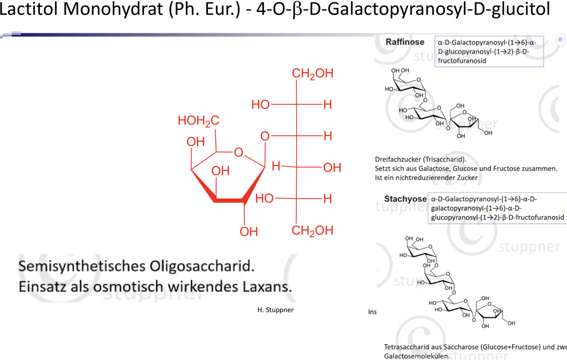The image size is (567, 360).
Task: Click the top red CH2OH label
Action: click(x=312, y=73)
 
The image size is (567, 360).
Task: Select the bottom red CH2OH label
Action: click(x=312, y=230)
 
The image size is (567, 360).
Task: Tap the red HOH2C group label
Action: click(x=198, y=121)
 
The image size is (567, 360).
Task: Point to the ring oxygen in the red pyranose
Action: click(x=238, y=152)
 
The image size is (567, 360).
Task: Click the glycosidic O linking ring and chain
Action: click(x=265, y=136)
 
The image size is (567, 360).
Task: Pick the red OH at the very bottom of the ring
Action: click(x=249, y=232)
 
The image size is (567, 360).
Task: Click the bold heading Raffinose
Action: click(x=405, y=42)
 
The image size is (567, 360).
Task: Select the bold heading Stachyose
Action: click(x=405, y=199)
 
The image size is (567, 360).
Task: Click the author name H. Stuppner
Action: click(x=275, y=310)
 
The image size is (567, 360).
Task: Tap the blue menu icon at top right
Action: click(x=560, y=40)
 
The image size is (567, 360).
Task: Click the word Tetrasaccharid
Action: click(x=408, y=347)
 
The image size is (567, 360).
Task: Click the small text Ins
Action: click(x=372, y=312)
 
